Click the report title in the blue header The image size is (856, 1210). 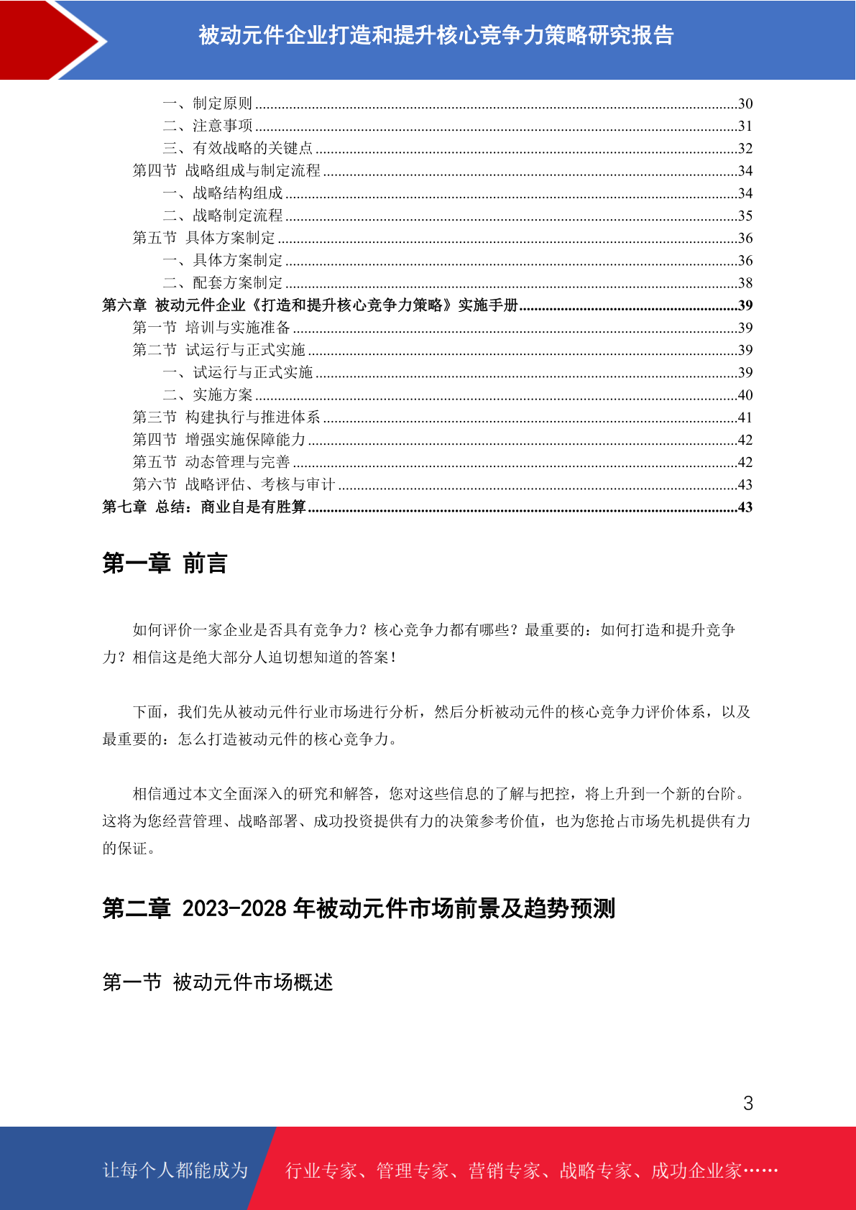tap(436, 35)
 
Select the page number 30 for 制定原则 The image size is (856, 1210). tap(745, 104)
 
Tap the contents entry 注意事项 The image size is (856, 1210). tap(223, 126)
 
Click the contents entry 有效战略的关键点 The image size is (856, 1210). tap(253, 148)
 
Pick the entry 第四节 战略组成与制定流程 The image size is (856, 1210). tap(226, 171)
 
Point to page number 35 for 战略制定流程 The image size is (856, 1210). tap(745, 216)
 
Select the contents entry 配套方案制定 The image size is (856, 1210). tap(238, 283)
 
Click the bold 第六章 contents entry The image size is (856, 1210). tap(310, 305)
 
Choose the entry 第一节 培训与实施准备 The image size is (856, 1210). tap(211, 328)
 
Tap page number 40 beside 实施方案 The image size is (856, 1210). tap(745, 395)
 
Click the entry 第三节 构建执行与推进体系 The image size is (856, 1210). tap(226, 417)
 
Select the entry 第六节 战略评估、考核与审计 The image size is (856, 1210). tap(234, 485)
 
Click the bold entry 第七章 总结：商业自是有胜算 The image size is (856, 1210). tap(204, 507)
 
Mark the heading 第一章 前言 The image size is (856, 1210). tap(165, 564)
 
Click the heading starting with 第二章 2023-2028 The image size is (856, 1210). tap(359, 909)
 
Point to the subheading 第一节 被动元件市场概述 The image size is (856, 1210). tap(218, 982)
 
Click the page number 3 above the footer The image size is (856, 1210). tap(748, 1104)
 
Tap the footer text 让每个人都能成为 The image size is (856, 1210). tap(175, 1170)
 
